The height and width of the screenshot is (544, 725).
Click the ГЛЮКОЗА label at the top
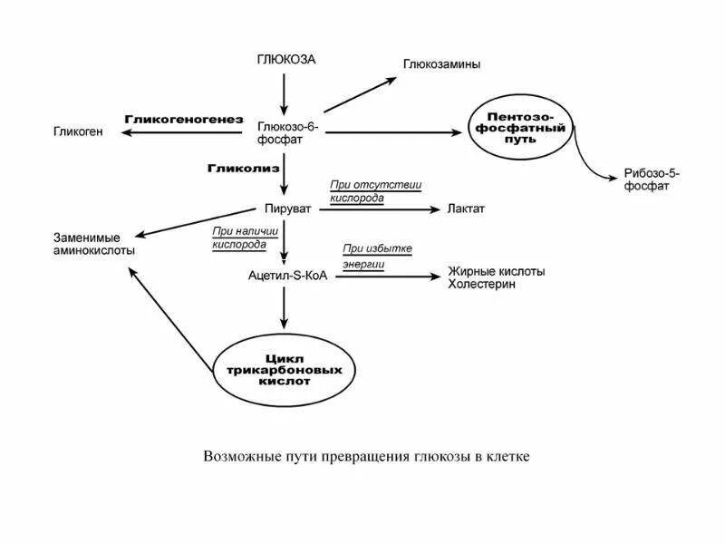(x=287, y=60)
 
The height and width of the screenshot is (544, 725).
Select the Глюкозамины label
(x=441, y=64)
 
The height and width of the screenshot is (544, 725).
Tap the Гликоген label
(x=79, y=132)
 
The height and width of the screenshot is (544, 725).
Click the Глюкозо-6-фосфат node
(x=286, y=133)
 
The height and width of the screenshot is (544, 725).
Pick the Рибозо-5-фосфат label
(x=652, y=179)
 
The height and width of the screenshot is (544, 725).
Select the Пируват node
(x=287, y=209)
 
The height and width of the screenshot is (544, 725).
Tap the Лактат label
(x=467, y=209)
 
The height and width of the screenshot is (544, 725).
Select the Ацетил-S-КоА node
(x=286, y=275)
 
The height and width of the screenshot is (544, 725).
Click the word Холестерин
(x=481, y=284)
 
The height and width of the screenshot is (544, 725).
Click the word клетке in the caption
(x=506, y=456)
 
